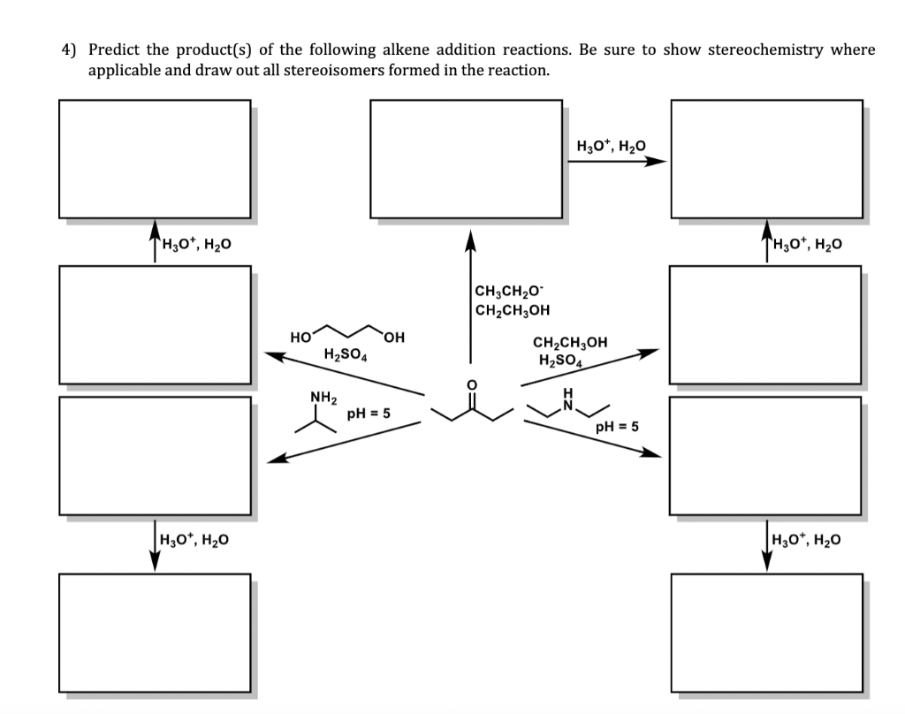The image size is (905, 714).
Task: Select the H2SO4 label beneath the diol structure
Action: point(346,355)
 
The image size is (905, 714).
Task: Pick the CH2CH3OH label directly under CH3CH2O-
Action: point(512,309)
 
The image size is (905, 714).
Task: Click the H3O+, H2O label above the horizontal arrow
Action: point(611,144)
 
